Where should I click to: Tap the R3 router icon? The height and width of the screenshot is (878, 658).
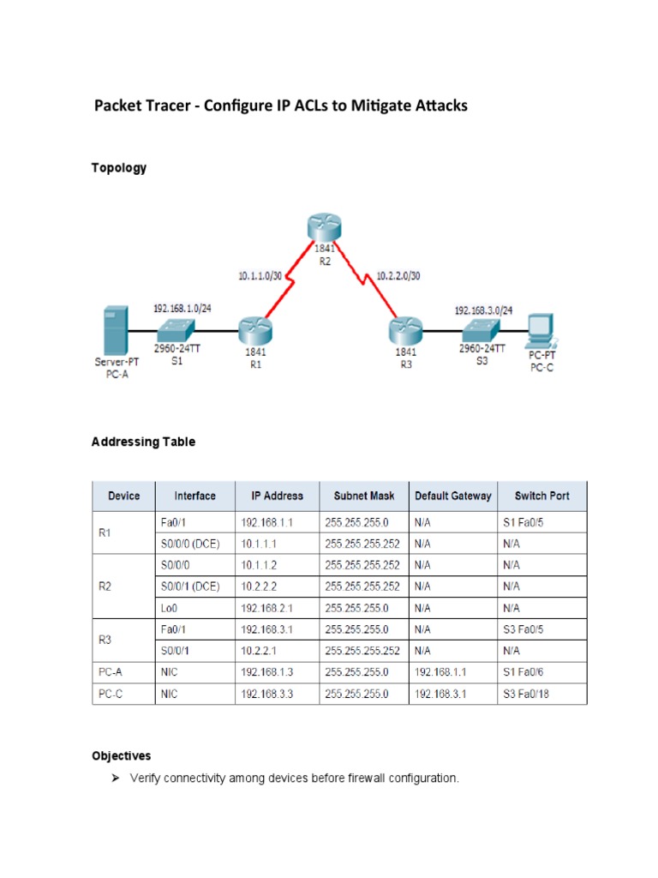405,328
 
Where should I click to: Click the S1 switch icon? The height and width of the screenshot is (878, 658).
176,328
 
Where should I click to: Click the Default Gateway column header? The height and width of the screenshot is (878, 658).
452,496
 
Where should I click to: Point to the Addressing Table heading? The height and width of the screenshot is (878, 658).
143,442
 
